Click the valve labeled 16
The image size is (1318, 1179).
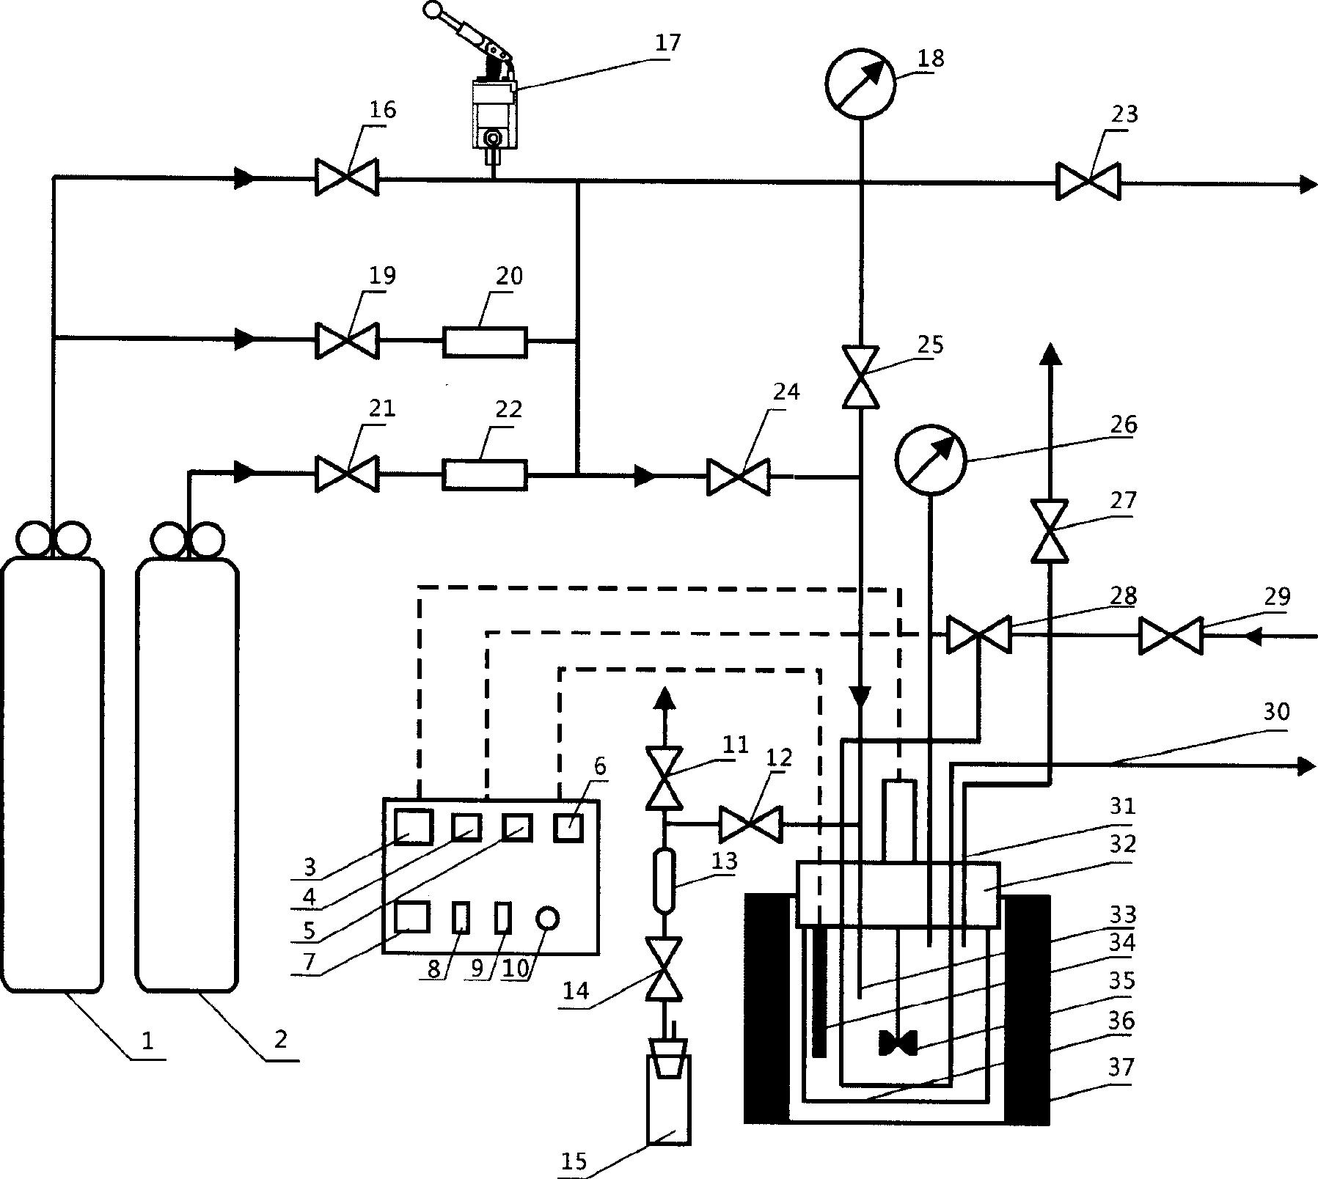pos(347,177)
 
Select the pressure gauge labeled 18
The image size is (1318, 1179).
pos(860,84)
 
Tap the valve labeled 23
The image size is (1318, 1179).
pos(1088,181)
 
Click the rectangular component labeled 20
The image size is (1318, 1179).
pos(485,342)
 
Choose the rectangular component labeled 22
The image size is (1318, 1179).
pos(484,474)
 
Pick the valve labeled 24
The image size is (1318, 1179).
pos(738,477)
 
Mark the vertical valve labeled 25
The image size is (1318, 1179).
pos(860,376)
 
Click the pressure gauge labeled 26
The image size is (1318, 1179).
pos(930,459)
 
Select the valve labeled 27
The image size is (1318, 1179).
pos(1050,531)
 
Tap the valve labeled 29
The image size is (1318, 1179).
pos(1170,636)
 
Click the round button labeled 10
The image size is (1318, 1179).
pos(547,917)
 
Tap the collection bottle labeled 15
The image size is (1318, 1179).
pos(668,1100)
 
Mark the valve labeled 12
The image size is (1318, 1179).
pos(750,824)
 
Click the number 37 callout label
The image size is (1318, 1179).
pos(1121,1068)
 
